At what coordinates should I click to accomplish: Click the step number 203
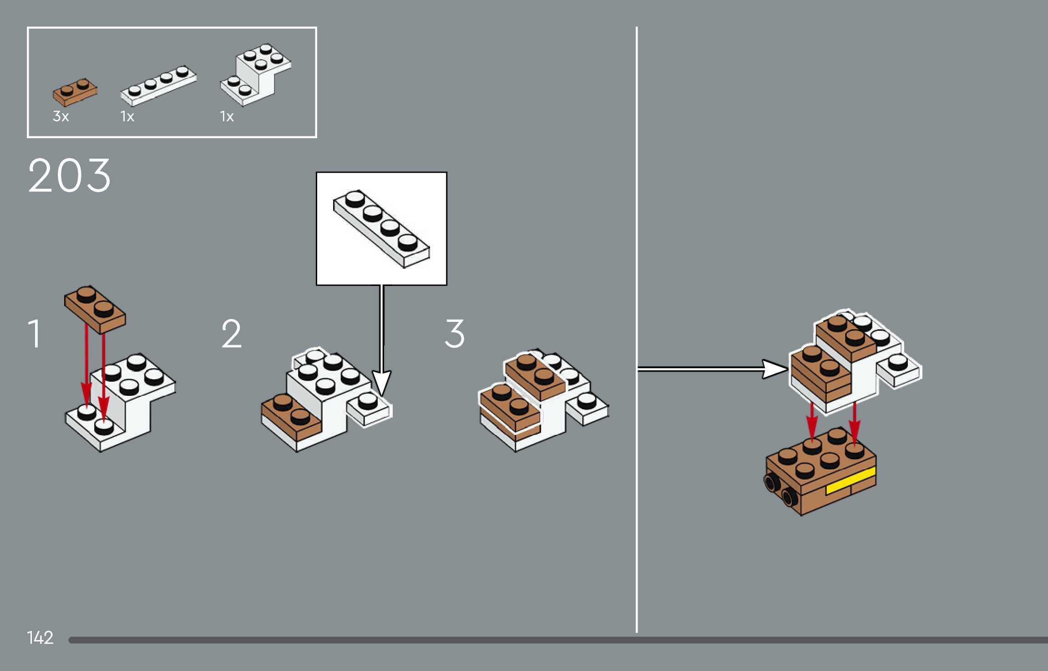click(69, 176)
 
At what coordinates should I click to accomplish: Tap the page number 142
click(40, 637)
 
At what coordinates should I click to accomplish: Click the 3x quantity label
click(61, 116)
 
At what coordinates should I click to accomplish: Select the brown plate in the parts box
click(75, 93)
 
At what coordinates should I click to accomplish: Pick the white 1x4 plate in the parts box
click(158, 85)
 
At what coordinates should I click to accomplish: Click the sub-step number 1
click(35, 334)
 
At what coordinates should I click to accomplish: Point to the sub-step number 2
click(231, 334)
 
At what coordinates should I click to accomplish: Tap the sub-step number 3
click(454, 334)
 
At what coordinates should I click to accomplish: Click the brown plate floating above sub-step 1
click(95, 309)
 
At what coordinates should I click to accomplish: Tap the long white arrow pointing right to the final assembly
click(710, 369)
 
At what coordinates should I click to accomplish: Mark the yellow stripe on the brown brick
click(850, 481)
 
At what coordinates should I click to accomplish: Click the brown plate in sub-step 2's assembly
click(291, 416)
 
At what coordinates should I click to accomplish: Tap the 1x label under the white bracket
click(227, 117)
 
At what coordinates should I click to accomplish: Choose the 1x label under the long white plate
click(127, 117)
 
